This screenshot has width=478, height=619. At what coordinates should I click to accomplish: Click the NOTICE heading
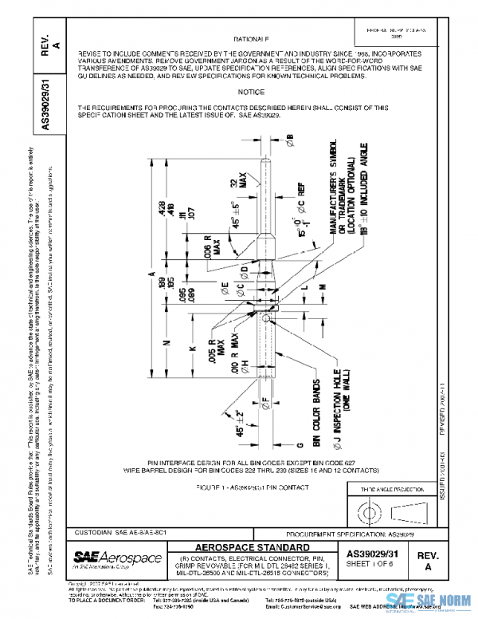250,92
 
